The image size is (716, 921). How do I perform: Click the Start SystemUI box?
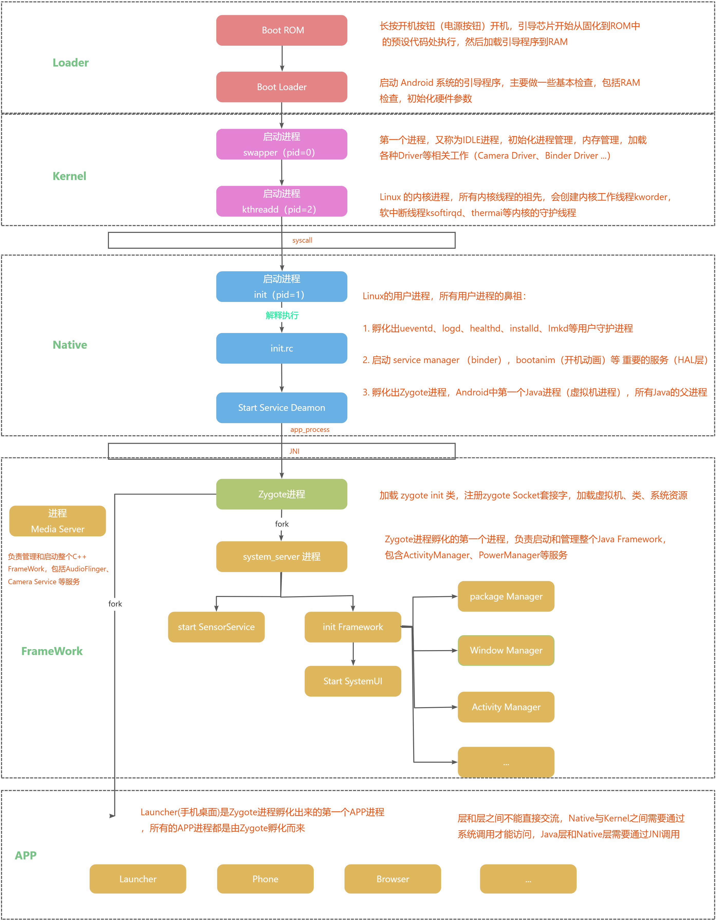(x=353, y=681)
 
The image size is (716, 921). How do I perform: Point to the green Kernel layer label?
(x=69, y=176)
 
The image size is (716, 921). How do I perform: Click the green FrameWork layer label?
(x=52, y=651)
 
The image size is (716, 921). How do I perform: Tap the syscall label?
(x=302, y=240)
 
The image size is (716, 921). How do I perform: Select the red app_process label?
(x=310, y=430)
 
